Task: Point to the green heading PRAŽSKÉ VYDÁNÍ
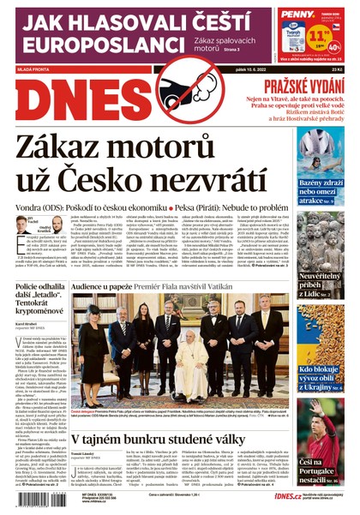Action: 303,87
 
